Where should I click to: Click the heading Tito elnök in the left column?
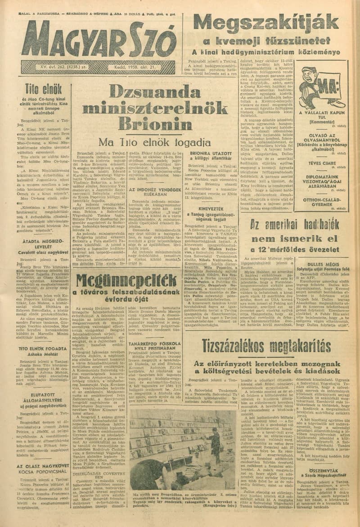point(37,89)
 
